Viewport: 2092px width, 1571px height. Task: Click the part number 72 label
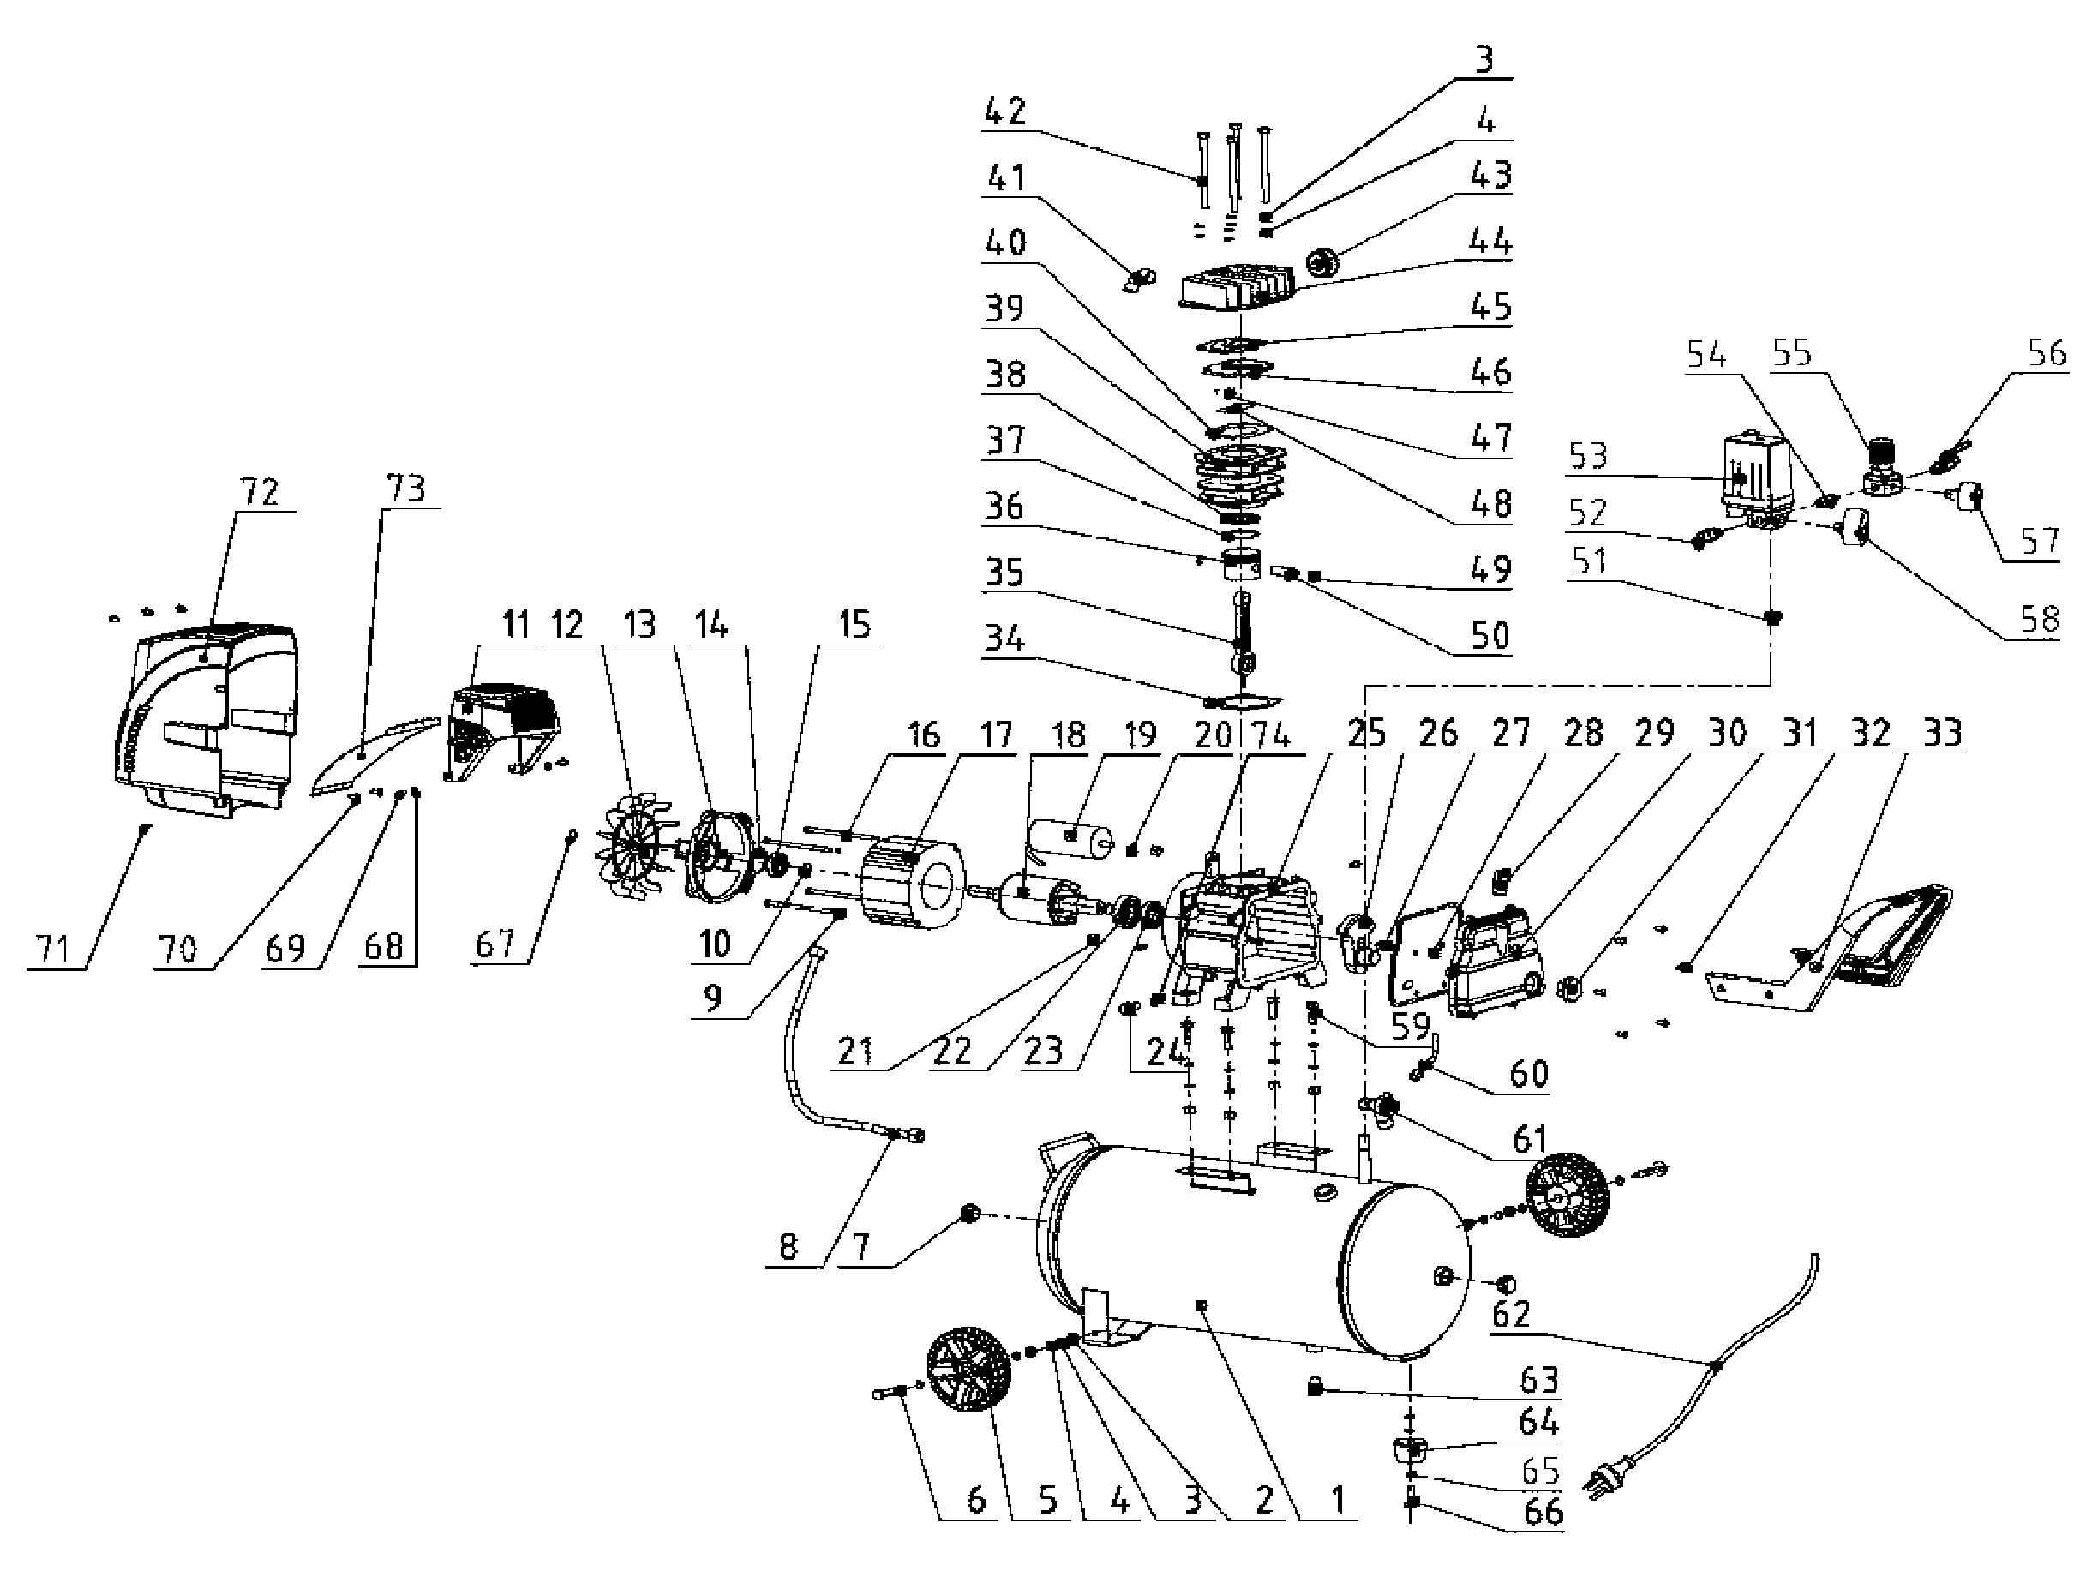(x=260, y=492)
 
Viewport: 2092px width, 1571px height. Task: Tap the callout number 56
(x=2046, y=353)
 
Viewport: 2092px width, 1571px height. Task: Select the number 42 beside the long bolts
(x=1004, y=111)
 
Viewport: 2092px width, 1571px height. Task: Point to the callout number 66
(x=1543, y=1510)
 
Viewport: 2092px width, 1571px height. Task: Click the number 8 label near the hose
(x=788, y=1245)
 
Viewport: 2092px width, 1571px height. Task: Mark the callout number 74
(x=1270, y=733)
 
